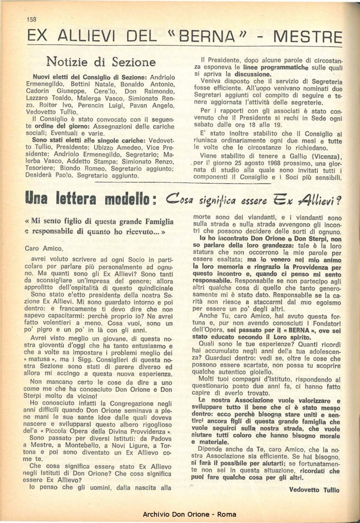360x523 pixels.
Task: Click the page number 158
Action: pyautogui.click(x=32, y=20)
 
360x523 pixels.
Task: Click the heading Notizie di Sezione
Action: pyautogui.click(x=101, y=62)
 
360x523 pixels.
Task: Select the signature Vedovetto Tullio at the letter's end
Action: pyautogui.click(x=314, y=490)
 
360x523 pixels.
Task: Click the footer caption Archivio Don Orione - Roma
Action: pyautogui.click(x=190, y=514)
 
